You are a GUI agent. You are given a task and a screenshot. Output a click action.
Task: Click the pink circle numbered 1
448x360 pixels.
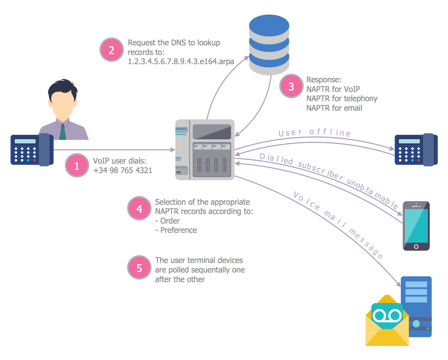pyautogui.click(x=77, y=165)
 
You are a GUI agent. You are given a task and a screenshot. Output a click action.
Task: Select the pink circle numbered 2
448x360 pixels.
pyautogui.click(x=111, y=50)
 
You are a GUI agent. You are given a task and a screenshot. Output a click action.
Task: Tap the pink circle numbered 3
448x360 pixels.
pyautogui.click(x=291, y=86)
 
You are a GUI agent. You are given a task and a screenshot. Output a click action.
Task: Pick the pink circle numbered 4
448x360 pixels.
pyautogui.click(x=139, y=209)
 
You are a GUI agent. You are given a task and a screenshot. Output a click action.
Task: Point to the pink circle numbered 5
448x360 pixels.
pyautogui.click(x=139, y=268)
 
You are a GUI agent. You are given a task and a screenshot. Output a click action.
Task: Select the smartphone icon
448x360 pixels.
pyautogui.click(x=416, y=226)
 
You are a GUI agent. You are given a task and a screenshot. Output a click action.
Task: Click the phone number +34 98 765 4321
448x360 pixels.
pyautogui.click(x=123, y=170)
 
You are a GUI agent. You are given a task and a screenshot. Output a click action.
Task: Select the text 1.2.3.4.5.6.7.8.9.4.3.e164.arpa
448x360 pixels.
pyautogui.click(x=181, y=61)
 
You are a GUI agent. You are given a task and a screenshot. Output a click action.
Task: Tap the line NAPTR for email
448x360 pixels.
pyautogui.click(x=334, y=108)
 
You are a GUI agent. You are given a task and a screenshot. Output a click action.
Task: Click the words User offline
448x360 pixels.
pyautogui.click(x=314, y=132)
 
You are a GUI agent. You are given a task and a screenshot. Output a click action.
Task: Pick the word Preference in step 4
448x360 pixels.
pyautogui.click(x=178, y=230)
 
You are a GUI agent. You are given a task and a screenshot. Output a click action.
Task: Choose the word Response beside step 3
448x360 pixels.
pyautogui.click(x=323, y=80)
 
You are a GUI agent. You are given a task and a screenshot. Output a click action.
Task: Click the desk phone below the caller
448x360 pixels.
pyautogui.click(x=32, y=150)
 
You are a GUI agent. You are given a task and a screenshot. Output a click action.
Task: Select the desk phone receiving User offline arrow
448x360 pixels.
pyautogui.click(x=416, y=150)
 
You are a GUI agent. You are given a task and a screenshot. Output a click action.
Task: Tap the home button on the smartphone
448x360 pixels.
pyautogui.click(x=416, y=247)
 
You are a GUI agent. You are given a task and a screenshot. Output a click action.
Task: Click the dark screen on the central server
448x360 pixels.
pyautogui.click(x=212, y=132)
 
